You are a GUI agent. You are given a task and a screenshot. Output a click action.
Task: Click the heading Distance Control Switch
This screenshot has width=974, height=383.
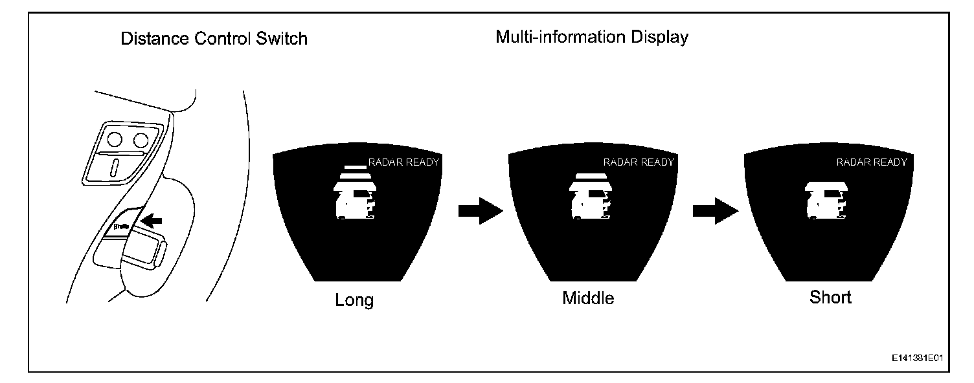[x=214, y=39]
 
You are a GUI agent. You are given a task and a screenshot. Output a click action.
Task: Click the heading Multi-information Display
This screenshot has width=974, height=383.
[x=592, y=37]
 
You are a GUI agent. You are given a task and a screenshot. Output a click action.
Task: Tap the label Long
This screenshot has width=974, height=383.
[x=354, y=300]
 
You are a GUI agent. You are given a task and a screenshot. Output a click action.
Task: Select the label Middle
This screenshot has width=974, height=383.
[x=588, y=298]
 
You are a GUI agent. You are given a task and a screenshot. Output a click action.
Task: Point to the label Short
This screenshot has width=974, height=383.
[x=830, y=297]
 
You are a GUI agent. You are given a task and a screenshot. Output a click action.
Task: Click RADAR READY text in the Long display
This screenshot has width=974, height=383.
[x=403, y=162]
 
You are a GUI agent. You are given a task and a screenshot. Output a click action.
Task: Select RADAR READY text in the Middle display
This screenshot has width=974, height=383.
[x=639, y=162]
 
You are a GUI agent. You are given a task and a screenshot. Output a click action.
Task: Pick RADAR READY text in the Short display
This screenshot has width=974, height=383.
[x=872, y=162]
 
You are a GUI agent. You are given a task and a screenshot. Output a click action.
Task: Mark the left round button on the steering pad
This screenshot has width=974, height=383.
[x=116, y=138]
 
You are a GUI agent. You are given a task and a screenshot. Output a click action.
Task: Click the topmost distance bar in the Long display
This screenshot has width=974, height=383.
[x=355, y=164]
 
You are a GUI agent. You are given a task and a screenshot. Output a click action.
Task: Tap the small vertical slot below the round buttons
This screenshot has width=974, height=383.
[x=115, y=168]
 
